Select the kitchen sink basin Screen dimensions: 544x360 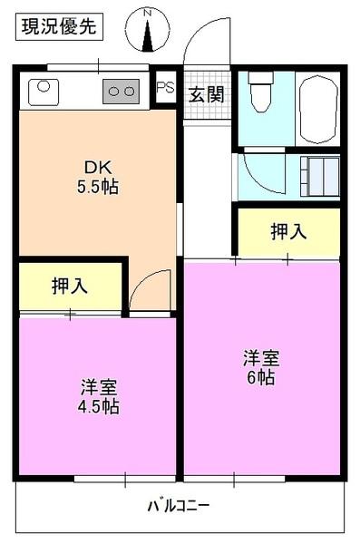(x=44, y=91)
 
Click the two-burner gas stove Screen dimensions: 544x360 (x=120, y=90)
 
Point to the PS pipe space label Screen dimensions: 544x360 (x=164, y=88)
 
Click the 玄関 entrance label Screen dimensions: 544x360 (x=206, y=93)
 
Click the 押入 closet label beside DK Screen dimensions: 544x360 (x=70, y=287)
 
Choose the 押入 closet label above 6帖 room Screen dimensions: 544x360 (x=288, y=232)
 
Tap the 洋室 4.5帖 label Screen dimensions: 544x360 (x=98, y=397)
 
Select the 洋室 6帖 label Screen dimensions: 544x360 (x=259, y=367)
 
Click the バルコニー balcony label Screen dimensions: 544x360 (x=180, y=504)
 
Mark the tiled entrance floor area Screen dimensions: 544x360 (x=206, y=94)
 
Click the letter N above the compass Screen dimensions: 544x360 (x=149, y=14)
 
